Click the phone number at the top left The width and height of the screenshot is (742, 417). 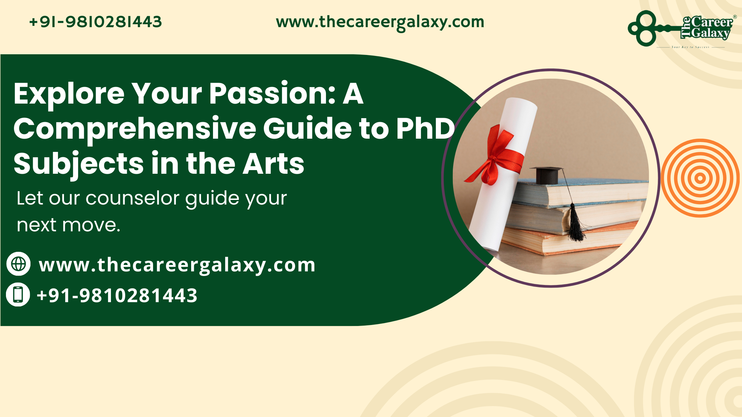pyautogui.click(x=95, y=22)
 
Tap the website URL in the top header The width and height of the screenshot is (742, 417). pyautogui.click(x=380, y=22)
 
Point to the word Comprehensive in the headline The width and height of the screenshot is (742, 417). pyautogui.click(x=134, y=129)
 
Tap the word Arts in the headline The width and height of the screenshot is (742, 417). pyautogui.click(x=273, y=163)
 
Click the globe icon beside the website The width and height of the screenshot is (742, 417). pyautogui.click(x=19, y=264)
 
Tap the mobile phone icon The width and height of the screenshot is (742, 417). pyautogui.click(x=18, y=294)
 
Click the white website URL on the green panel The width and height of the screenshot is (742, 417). pyautogui.click(x=177, y=265)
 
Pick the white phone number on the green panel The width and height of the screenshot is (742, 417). pyautogui.click(x=117, y=295)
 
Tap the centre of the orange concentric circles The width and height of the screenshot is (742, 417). pyautogui.click(x=700, y=178)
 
